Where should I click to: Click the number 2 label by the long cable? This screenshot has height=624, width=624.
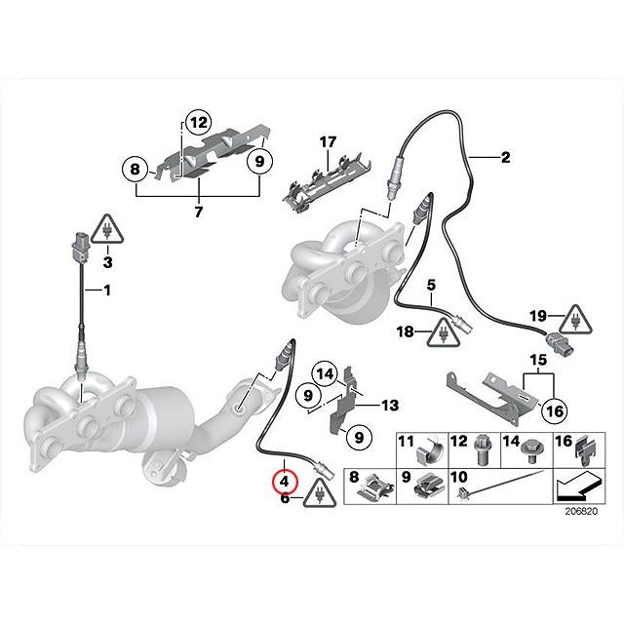505,158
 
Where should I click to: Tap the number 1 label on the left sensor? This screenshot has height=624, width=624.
107,291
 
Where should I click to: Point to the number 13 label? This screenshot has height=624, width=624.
389,405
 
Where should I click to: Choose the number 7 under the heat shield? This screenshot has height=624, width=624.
198,212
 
